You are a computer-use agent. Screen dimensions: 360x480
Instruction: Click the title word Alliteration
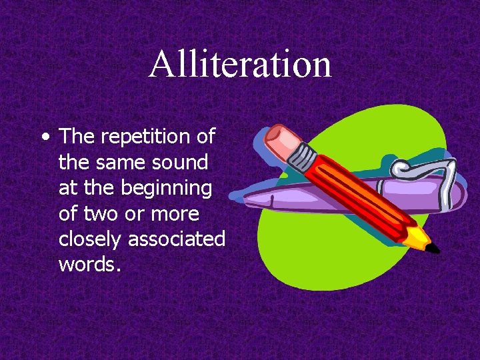tap(240, 65)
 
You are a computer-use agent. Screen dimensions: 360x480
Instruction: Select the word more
tap(177, 214)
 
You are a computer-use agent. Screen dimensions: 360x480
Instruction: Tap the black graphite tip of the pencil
tap(433, 249)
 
